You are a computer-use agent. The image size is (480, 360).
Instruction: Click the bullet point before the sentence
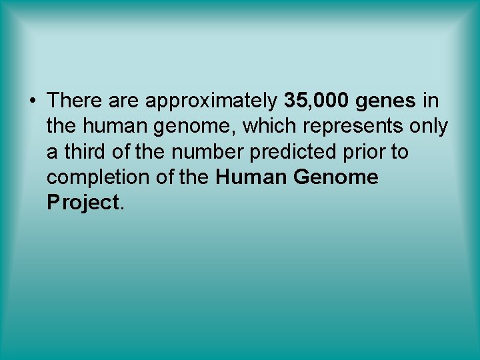click(32, 101)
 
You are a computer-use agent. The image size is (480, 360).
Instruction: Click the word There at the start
click(73, 101)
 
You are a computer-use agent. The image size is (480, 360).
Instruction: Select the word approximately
click(211, 101)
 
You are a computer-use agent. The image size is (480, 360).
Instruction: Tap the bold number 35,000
click(317, 101)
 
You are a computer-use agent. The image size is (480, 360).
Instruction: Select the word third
click(82, 152)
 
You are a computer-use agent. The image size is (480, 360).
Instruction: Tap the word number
click(207, 152)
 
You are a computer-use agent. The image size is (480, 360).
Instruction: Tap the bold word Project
click(82, 203)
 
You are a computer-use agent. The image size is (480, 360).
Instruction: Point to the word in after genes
click(431, 101)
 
